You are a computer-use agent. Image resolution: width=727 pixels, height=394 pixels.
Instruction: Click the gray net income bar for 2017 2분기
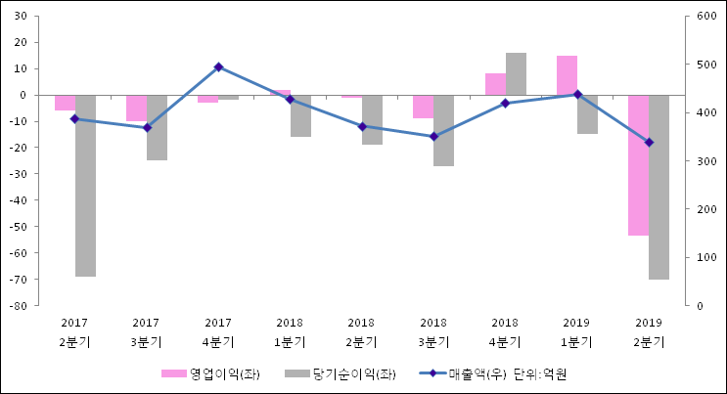tap(85, 186)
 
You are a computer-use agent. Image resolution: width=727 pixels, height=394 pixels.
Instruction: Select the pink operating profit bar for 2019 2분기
tap(638, 165)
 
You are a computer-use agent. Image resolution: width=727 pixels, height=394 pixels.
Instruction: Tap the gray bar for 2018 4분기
tap(516, 74)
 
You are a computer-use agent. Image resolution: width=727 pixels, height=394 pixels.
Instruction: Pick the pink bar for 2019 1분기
tap(567, 75)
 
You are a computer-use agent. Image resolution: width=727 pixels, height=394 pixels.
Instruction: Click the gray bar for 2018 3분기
tap(444, 130)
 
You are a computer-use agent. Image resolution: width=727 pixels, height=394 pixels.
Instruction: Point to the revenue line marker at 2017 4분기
tap(218, 67)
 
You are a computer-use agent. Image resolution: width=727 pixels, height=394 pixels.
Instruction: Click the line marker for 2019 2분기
tap(649, 143)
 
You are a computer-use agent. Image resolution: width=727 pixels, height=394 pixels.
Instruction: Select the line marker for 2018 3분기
tap(433, 137)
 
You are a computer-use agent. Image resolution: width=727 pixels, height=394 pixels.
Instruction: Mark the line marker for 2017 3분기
tap(147, 128)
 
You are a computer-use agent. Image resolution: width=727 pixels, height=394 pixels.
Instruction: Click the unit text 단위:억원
tap(540, 374)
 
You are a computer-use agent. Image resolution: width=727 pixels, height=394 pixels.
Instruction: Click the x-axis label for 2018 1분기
tap(290, 332)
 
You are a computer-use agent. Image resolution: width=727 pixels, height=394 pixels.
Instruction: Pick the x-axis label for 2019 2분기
tap(649, 332)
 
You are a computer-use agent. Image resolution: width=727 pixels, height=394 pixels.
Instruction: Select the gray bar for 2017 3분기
tap(157, 127)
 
